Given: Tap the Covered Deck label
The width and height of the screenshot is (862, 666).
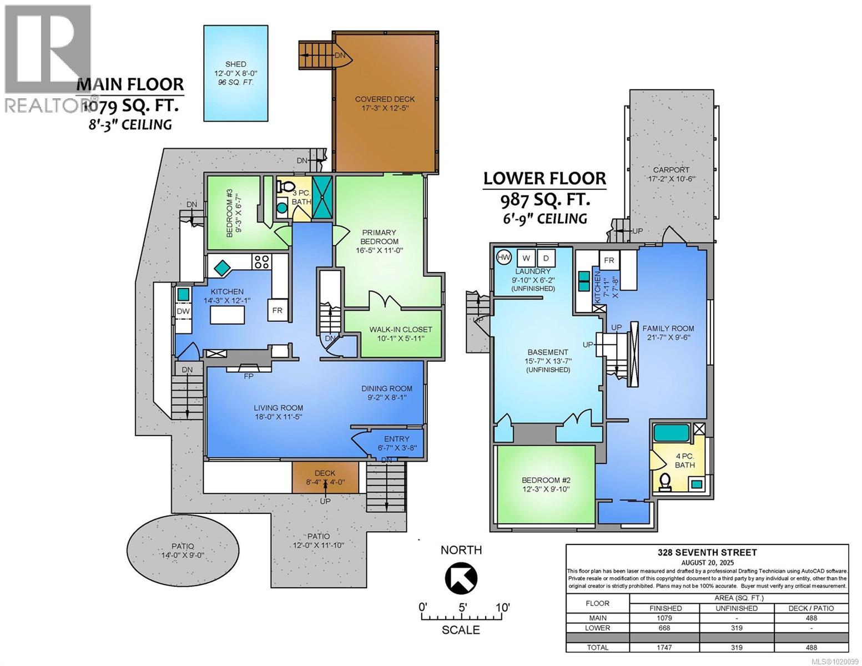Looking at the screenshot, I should tap(385, 104).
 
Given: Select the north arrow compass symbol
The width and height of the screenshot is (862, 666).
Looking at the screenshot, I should tap(461, 577).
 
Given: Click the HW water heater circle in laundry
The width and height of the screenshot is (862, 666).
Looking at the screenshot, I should tap(504, 258).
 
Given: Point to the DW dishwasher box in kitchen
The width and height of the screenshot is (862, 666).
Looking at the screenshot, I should tap(183, 311).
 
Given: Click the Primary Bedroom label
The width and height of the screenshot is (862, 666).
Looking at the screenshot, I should tap(379, 237).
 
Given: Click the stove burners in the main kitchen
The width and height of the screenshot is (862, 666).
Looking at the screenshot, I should tap(261, 261).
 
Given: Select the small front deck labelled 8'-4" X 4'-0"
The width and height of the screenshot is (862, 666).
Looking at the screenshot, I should tap(325, 477).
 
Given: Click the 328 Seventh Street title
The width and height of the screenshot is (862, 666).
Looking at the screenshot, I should tap(707, 552).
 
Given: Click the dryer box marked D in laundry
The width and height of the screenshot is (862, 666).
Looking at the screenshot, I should tap(546, 258).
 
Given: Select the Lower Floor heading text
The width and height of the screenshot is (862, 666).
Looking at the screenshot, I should tap(545, 178).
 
